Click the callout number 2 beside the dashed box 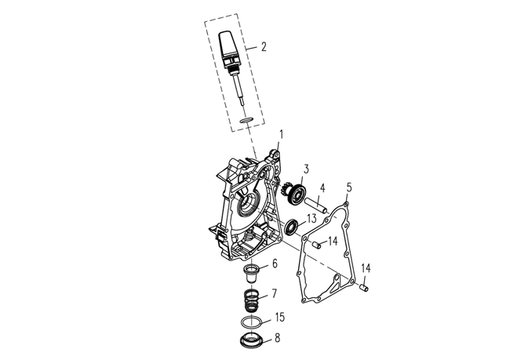tap(264, 46)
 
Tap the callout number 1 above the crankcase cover tap(282, 135)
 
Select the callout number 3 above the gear tap(306, 169)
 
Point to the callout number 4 tap(322, 188)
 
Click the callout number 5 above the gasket tap(349, 187)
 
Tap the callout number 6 tap(275, 264)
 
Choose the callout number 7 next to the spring tap(275, 293)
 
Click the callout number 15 tap(280, 317)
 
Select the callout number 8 tap(277, 338)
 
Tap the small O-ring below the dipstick tap(246, 121)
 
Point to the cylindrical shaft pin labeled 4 tap(315, 205)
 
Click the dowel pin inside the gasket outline tap(317, 245)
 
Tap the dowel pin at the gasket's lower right tap(363, 288)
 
